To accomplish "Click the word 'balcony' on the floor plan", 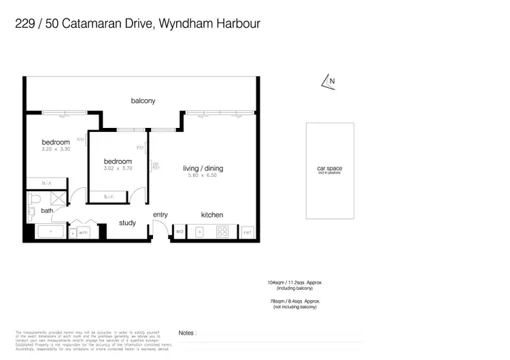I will click(143, 101).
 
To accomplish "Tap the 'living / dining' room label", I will click(203, 168).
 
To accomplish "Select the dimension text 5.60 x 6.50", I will click(203, 176).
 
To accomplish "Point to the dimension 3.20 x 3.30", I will click(56, 149).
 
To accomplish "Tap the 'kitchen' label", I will click(211, 215).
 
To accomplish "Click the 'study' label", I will click(127, 223).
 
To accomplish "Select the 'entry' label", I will click(160, 215).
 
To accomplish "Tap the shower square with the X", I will click(58, 199).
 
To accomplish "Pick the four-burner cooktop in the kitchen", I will click(222, 232).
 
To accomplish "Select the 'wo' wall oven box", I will click(180, 232).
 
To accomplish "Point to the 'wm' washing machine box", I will click(83, 232).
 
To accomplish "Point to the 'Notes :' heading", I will click(187, 333).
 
